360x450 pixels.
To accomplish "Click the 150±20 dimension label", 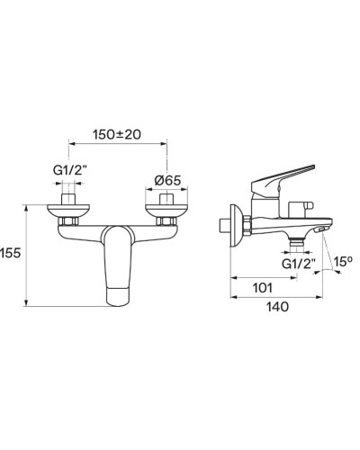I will coord(118,134).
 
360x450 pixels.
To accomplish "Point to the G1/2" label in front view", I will coord(70,168).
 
